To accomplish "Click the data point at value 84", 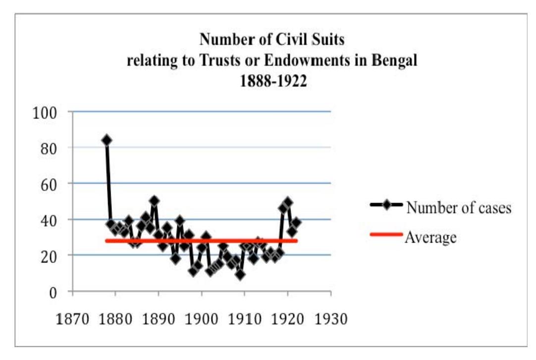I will click(x=107, y=140).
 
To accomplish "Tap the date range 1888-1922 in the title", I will click(x=266, y=81).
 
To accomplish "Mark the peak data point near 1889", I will click(x=155, y=201).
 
